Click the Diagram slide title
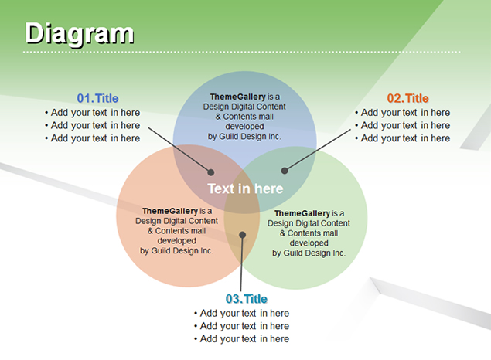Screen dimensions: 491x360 click(80, 34)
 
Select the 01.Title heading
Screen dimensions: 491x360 click(97, 98)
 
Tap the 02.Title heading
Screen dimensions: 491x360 click(407, 98)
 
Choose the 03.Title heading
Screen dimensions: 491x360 click(247, 299)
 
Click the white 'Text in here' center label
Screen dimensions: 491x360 click(245, 188)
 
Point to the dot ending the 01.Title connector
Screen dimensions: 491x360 click(211, 172)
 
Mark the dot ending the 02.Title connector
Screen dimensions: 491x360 click(285, 171)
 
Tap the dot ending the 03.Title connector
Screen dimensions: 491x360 click(242, 235)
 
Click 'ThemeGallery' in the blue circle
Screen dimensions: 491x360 click(237, 97)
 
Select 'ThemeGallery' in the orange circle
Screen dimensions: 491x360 click(170, 211)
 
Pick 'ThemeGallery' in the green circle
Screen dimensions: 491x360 click(302, 213)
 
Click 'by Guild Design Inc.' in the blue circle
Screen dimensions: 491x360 click(244, 137)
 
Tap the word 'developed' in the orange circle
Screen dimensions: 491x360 click(176, 240)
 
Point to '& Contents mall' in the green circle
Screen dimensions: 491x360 click(309, 233)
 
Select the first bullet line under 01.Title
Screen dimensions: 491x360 click(92, 112)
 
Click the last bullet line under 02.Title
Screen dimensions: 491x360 click(402, 138)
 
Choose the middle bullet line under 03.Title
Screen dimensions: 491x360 click(241, 326)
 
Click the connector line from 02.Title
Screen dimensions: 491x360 click(318, 150)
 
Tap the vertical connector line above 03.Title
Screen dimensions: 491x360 click(241, 263)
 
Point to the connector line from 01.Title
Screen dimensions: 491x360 click(179, 150)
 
